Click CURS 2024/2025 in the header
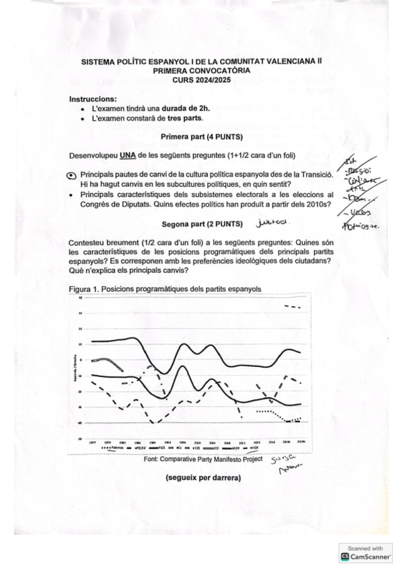[x=201, y=79]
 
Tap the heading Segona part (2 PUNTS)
[x=202, y=223]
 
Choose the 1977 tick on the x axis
[x=92, y=442]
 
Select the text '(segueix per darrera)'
[x=203, y=479]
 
